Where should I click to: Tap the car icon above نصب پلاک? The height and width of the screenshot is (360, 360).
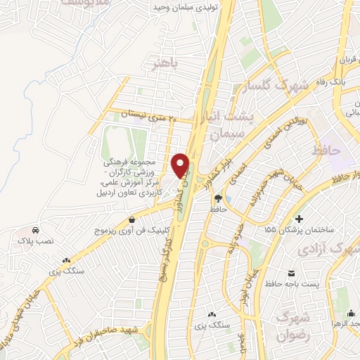click(x=35, y=230)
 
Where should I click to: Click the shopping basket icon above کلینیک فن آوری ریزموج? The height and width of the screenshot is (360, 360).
click(x=131, y=219)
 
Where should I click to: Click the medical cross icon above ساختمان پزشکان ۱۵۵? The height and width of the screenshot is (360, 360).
click(x=301, y=219)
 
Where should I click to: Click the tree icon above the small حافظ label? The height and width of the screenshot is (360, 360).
click(x=218, y=198)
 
